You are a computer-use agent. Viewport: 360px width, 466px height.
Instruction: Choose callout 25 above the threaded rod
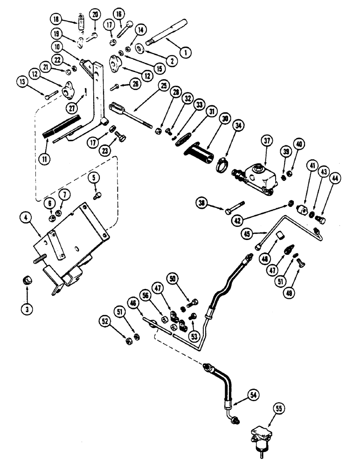(x=163, y=85)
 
